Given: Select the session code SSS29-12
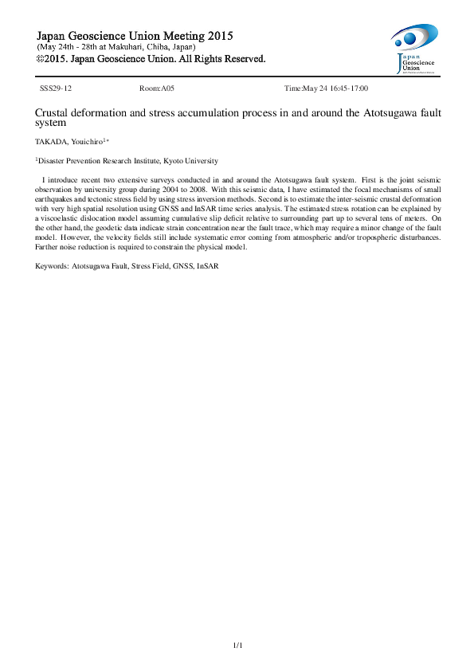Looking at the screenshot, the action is tap(56, 89).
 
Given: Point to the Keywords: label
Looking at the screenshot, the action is tap(53, 265).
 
